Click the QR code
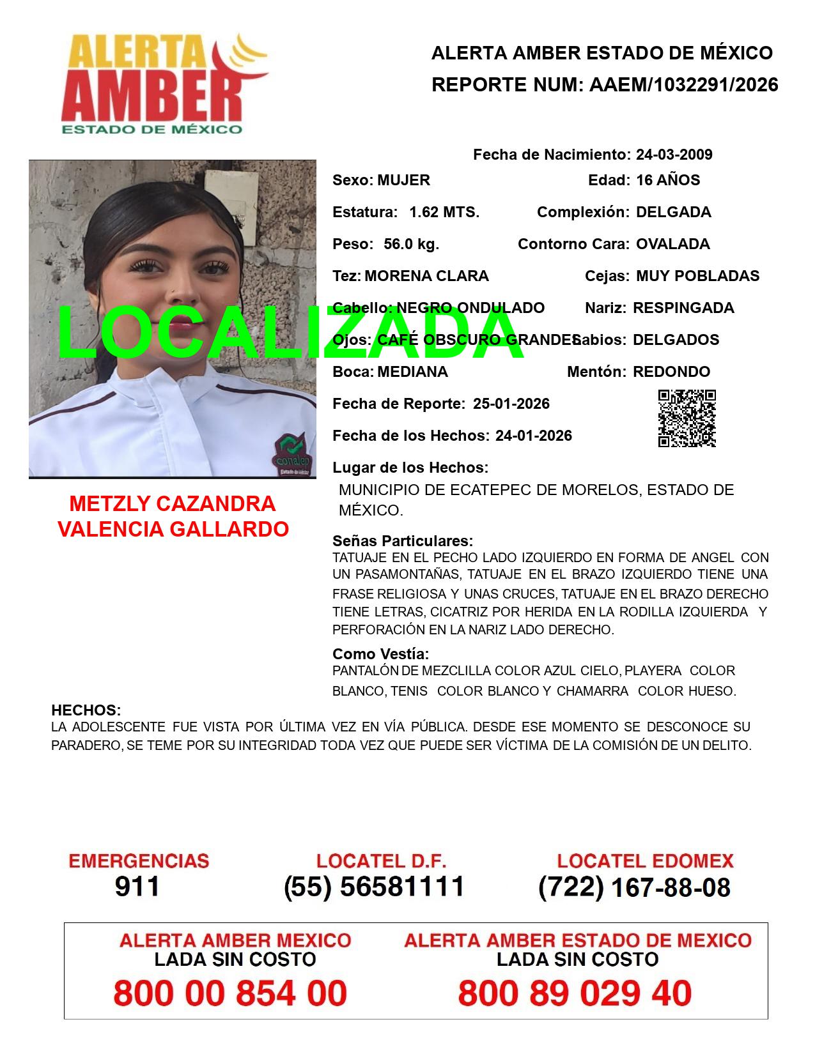(x=687, y=418)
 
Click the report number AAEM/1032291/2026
(x=683, y=85)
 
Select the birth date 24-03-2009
(x=674, y=155)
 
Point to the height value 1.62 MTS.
(x=444, y=212)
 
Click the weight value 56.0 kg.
(x=411, y=244)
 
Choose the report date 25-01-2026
(x=511, y=404)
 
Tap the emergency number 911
(x=137, y=887)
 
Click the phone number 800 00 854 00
(x=230, y=993)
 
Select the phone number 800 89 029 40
(x=575, y=993)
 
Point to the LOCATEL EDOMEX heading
(x=645, y=861)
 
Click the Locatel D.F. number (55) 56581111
(x=374, y=887)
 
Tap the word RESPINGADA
(x=683, y=308)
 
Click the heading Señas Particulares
(x=403, y=541)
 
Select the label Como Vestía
(x=380, y=654)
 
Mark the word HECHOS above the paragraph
(x=86, y=710)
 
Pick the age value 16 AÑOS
(x=668, y=180)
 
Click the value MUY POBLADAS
(x=697, y=276)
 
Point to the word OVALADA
(x=672, y=244)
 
